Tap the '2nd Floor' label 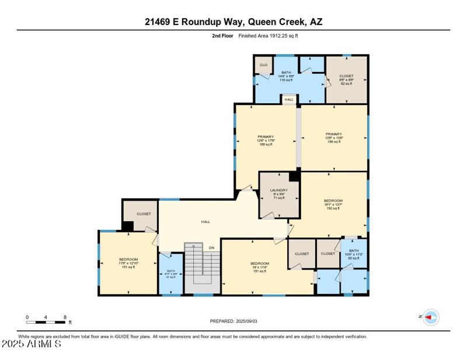tap(223, 36)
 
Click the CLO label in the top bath tap(263, 65)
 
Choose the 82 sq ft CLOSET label tap(346, 80)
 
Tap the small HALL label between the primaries tap(289, 100)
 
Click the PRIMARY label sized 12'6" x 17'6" tap(266, 140)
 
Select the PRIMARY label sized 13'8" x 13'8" tap(334, 138)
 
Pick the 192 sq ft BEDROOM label tap(333, 204)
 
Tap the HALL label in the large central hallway tap(205, 222)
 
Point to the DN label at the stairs tap(211, 248)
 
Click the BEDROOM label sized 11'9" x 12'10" tap(128, 263)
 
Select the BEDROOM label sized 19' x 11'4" tap(260, 267)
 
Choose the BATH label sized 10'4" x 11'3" tap(354, 254)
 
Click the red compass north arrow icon tap(431, 317)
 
